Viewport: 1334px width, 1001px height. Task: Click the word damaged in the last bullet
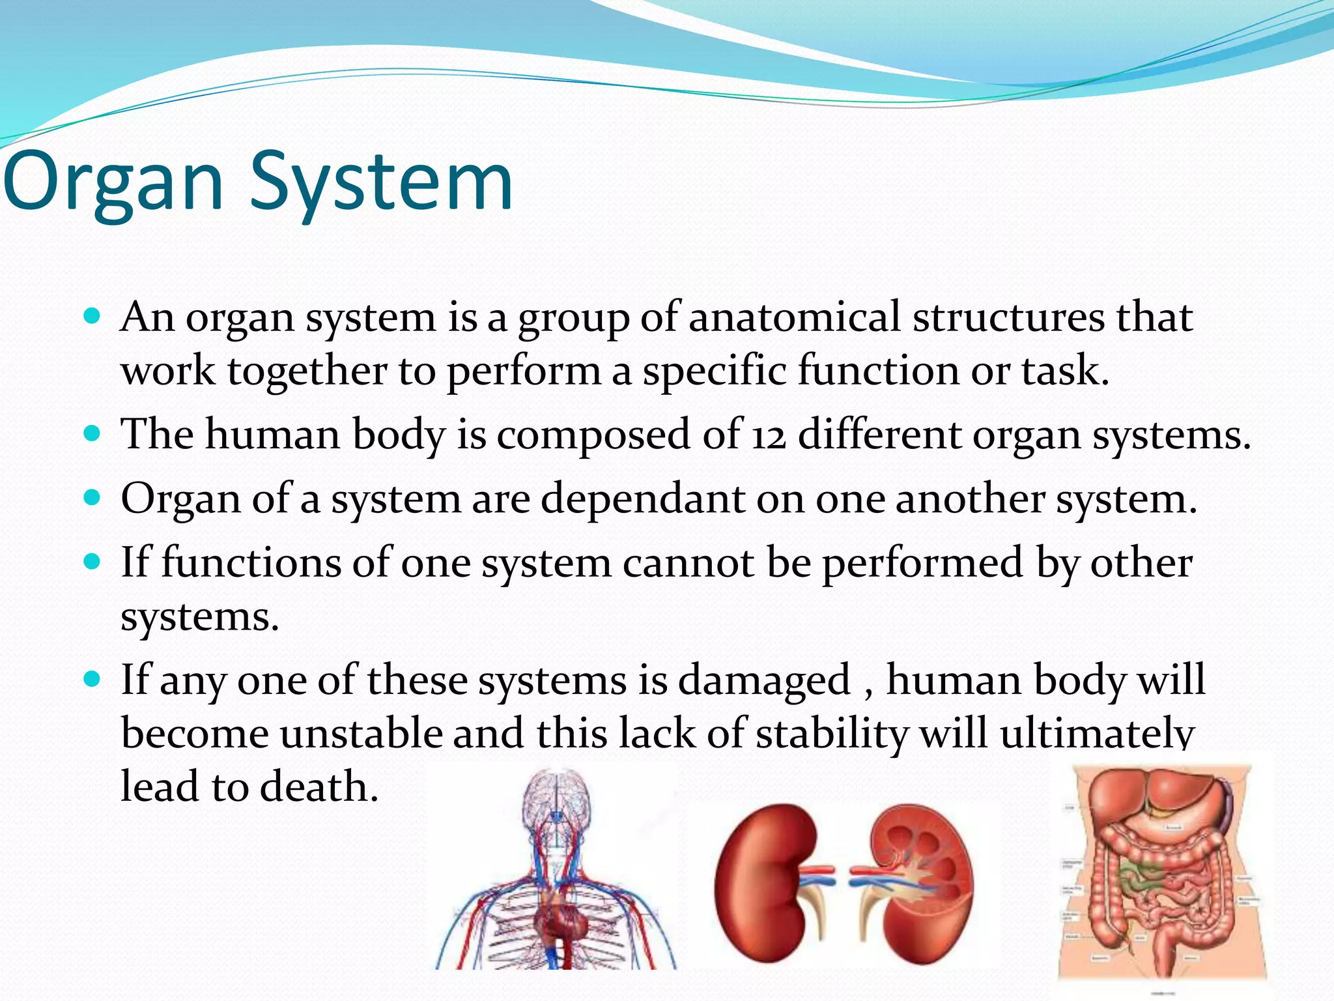point(764,680)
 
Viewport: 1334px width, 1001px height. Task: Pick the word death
point(319,787)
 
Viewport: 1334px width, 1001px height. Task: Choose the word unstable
point(360,734)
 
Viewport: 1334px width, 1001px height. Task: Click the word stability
point(831,734)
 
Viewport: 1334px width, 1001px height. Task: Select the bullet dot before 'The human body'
point(92,433)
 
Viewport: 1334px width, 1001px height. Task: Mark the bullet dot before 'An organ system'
point(92,317)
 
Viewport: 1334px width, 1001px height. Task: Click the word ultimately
point(1097,734)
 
